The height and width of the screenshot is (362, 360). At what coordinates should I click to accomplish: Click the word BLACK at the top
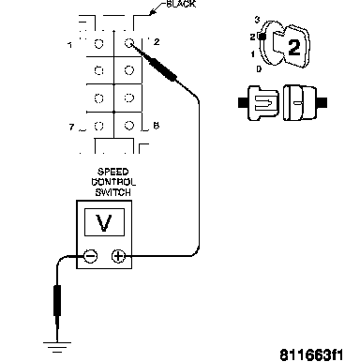pos(181,4)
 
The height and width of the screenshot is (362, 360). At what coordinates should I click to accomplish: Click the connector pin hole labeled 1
pos(98,43)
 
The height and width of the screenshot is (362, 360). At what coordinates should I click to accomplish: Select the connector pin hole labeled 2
pos(128,42)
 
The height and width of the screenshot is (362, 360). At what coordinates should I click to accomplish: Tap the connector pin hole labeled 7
pos(98,126)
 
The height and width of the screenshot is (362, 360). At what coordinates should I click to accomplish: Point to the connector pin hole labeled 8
pos(129,126)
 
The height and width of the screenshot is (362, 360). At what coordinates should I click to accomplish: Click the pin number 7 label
pos(72,128)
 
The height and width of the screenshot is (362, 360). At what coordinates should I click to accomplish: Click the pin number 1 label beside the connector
pos(70,45)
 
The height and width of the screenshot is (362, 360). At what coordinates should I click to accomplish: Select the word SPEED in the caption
pos(113,172)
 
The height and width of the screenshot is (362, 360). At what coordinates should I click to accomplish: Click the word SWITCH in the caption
pos(113,192)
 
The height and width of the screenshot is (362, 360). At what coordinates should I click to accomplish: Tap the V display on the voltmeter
pos(104,222)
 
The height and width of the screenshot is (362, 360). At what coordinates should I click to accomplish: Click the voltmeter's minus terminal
pos(91,256)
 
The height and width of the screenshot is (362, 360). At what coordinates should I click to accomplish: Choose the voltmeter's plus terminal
pos(118,256)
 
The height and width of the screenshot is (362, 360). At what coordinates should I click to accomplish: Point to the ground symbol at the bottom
pos(57,347)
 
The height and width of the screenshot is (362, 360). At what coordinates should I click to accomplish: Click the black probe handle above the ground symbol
pos(57,300)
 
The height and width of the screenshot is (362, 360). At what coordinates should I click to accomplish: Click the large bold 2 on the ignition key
pos(293,48)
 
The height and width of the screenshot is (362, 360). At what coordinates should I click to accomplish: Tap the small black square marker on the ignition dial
pos(262,37)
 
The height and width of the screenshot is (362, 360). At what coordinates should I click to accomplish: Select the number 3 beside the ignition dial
pos(257,20)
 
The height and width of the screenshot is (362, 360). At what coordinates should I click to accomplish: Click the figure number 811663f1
pos(311,355)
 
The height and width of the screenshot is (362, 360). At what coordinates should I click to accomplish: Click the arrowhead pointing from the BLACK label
pos(153,12)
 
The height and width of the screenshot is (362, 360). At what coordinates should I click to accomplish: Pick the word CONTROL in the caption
pos(113,182)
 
